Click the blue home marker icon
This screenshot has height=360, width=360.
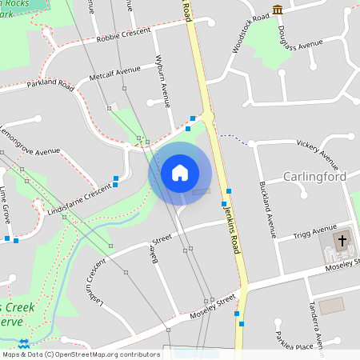[x=179, y=173]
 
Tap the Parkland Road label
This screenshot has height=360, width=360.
[x=50, y=84]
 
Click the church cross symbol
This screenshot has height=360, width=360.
[x=342, y=239]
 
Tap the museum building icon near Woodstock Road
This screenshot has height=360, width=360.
[x=278, y=9]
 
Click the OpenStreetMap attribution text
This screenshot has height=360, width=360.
[x=81, y=354]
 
